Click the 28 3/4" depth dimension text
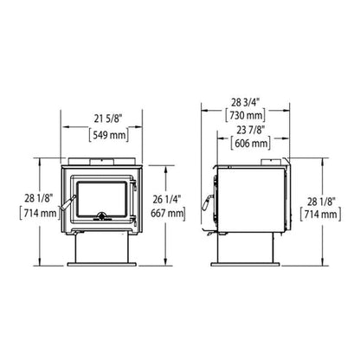tap(243, 100)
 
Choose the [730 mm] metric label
tap(243, 115)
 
